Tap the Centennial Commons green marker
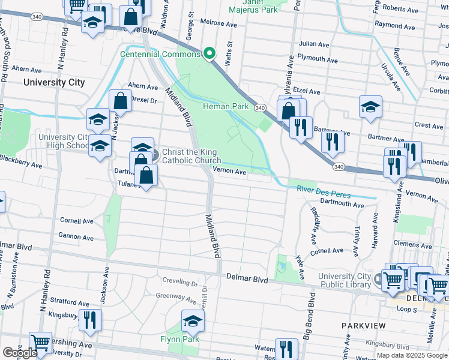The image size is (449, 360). (x=209, y=54)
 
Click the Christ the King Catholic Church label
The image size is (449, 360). (x=191, y=156)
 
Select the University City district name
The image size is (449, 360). (x=54, y=83)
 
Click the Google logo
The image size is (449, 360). (x=19, y=353)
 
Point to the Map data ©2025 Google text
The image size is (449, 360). (x=412, y=355)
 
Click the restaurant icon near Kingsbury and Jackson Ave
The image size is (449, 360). (x=90, y=320)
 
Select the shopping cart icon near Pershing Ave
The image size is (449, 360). (x=41, y=343)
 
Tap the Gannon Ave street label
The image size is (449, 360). (x=76, y=238)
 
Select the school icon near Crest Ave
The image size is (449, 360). (x=371, y=107)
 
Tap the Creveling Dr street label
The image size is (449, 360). (x=181, y=281)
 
